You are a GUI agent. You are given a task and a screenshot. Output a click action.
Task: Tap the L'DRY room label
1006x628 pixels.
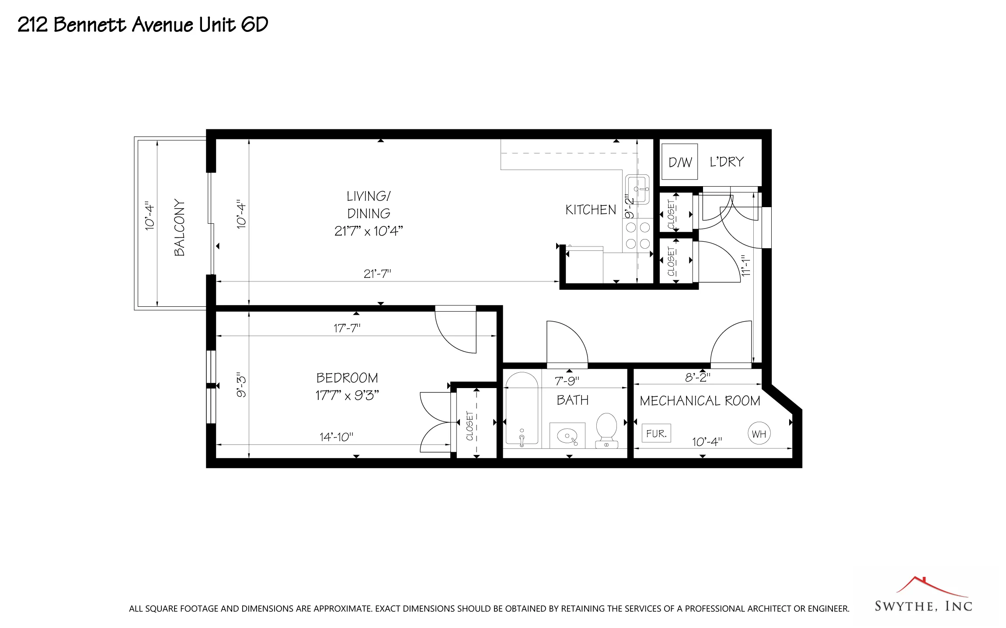tap(726, 162)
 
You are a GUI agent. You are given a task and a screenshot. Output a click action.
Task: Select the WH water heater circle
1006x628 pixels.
tap(759, 434)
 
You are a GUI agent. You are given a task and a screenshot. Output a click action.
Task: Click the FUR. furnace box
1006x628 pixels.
tap(656, 433)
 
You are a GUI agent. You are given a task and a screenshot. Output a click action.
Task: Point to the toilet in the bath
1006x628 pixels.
tap(606, 430)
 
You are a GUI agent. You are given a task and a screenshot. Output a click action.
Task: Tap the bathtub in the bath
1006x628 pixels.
tap(522, 409)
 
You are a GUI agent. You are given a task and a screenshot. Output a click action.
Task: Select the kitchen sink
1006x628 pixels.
tap(637, 189)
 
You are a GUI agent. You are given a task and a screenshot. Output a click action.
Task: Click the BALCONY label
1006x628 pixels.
tap(179, 227)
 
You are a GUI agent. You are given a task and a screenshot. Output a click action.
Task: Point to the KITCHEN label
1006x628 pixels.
tap(590, 210)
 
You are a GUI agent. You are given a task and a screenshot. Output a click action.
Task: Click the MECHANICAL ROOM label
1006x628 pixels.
tap(700, 401)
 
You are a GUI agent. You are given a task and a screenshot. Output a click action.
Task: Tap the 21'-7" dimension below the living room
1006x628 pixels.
tap(377, 274)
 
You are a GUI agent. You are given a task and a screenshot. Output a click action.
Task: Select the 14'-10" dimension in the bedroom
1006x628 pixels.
tap(336, 437)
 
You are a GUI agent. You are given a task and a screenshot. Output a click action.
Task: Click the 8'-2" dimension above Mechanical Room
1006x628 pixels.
tap(697, 377)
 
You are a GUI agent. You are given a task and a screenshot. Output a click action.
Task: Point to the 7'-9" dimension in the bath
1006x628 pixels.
tap(567, 381)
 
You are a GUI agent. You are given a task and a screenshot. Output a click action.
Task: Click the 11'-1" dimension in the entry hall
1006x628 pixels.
tap(746, 265)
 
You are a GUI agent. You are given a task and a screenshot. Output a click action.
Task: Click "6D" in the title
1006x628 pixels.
tap(254, 24)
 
